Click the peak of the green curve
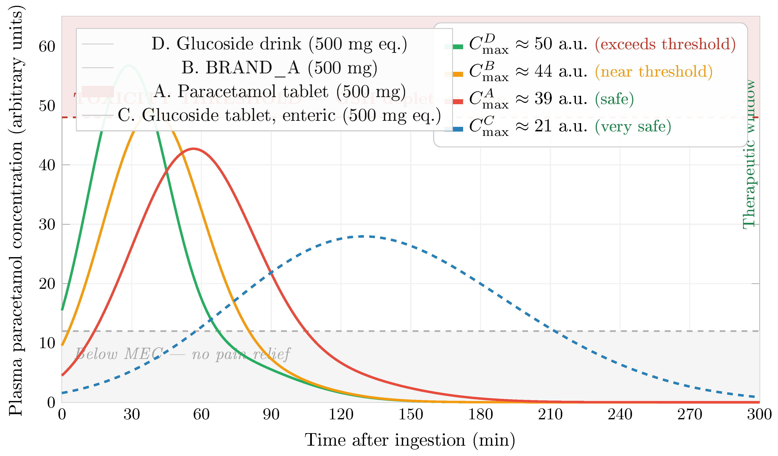[x=129, y=65]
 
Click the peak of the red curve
[x=193, y=149]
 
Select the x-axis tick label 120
[x=341, y=415]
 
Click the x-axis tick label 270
[x=690, y=415]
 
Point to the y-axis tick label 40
[x=47, y=165]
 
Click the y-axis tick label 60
[x=47, y=47]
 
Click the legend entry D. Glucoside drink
[x=279, y=44]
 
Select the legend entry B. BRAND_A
[x=279, y=68]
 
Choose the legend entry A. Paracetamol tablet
[x=279, y=91]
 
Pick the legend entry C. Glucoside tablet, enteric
[x=279, y=115]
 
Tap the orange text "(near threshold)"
[x=654, y=72]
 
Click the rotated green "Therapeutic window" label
[x=749, y=154]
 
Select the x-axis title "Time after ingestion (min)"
[x=410, y=440]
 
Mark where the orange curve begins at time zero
[x=62, y=345]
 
